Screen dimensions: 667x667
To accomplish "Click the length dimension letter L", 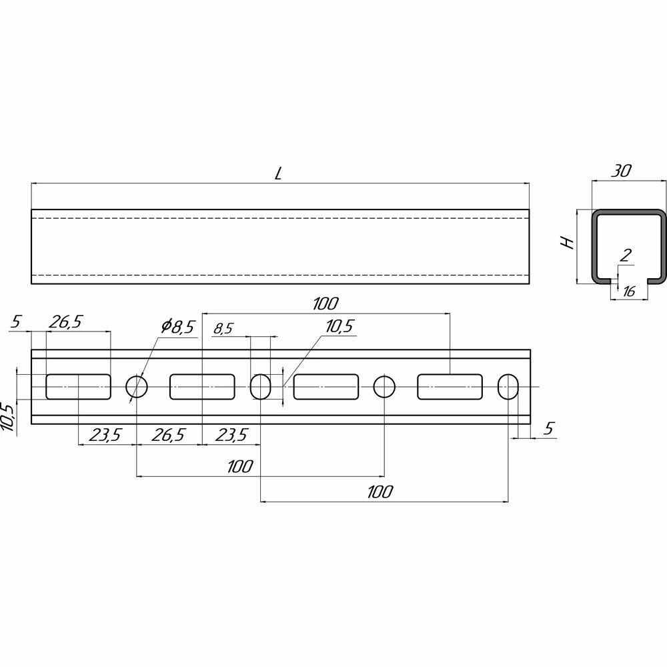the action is [278, 173].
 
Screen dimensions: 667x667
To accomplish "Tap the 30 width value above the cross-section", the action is [622, 171].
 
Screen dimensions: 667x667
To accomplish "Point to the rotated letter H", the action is [568, 243].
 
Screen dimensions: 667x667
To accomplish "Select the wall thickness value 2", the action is [626, 255].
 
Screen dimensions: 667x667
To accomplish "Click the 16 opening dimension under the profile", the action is [629, 291].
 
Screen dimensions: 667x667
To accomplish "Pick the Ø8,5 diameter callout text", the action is [177, 326].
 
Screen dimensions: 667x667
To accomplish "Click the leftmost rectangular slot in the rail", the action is [78, 387].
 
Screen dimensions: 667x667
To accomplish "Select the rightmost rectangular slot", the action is [450, 387].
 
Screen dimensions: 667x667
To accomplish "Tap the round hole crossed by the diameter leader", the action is [137, 387].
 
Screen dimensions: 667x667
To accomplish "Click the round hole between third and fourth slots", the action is [385, 387].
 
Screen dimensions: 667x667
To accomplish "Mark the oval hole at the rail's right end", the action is [508, 387].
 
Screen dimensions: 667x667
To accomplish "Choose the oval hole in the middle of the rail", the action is [260, 387].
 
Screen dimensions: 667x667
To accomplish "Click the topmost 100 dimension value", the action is [326, 303].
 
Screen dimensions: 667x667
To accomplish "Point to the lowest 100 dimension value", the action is [380, 492].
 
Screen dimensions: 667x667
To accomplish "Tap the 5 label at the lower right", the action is [549, 428].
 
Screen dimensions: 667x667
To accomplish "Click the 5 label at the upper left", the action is [16, 321].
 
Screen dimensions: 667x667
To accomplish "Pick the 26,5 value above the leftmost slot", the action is [65, 322].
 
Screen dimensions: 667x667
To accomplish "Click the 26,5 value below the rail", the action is [169, 435].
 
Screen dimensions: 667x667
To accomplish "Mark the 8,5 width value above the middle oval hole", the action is [223, 328].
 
